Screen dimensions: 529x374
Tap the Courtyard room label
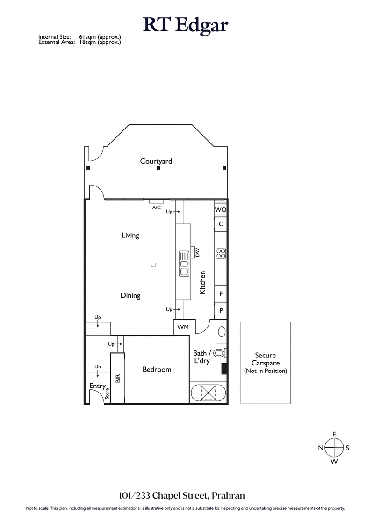pyautogui.click(x=156, y=161)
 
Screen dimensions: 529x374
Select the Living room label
pyautogui.click(x=130, y=236)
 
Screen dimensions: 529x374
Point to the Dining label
pyautogui.click(x=130, y=296)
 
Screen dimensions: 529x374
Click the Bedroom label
pyautogui.click(x=157, y=370)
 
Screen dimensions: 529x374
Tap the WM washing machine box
pyautogui.click(x=183, y=327)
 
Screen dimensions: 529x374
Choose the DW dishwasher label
pyautogui.click(x=197, y=252)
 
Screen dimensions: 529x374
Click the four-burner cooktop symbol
pyautogui.click(x=221, y=254)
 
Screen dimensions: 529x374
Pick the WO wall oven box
pyautogui.click(x=221, y=210)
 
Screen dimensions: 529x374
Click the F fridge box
pyautogui.click(x=221, y=294)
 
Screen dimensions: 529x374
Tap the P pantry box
pyautogui.click(x=221, y=310)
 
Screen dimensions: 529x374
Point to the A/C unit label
pyautogui.click(x=157, y=207)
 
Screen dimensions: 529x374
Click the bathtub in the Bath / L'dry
pyautogui.click(x=208, y=393)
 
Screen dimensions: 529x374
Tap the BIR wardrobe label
pyautogui.click(x=118, y=378)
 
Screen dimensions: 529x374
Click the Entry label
pyautogui.click(x=97, y=386)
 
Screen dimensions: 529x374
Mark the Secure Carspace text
pyautogui.click(x=265, y=359)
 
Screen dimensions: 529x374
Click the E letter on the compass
pyautogui.click(x=334, y=434)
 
